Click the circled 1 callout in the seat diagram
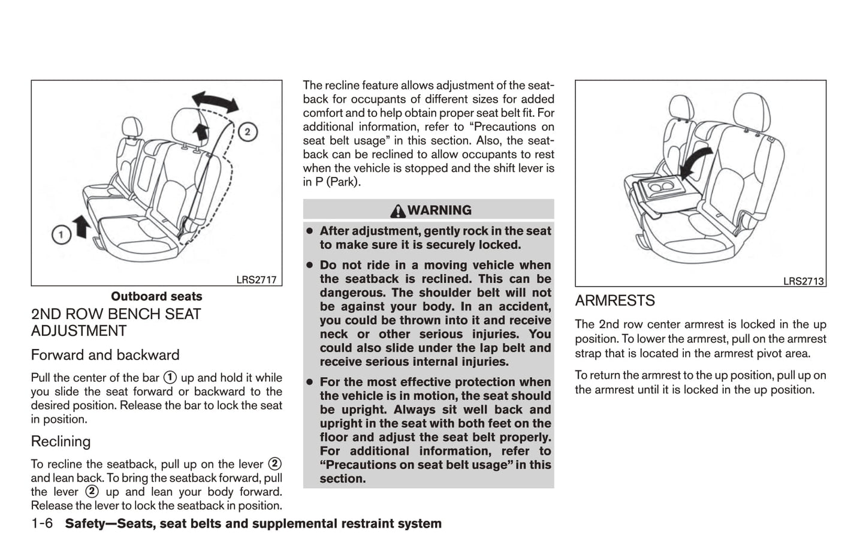coord(61,234)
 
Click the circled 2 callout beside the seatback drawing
coord(248,131)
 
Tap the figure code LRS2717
coord(256,279)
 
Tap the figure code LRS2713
coord(803,281)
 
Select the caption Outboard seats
coord(156,296)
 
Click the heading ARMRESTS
coord(615,300)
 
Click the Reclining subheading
coord(61,441)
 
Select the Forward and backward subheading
coord(105,355)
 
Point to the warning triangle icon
coord(397,211)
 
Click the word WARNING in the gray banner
coord(439,210)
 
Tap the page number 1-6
coord(42,523)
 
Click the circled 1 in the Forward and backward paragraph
coord(170,378)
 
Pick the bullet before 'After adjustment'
coord(310,231)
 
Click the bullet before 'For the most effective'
coord(310,382)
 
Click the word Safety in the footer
coord(88,523)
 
